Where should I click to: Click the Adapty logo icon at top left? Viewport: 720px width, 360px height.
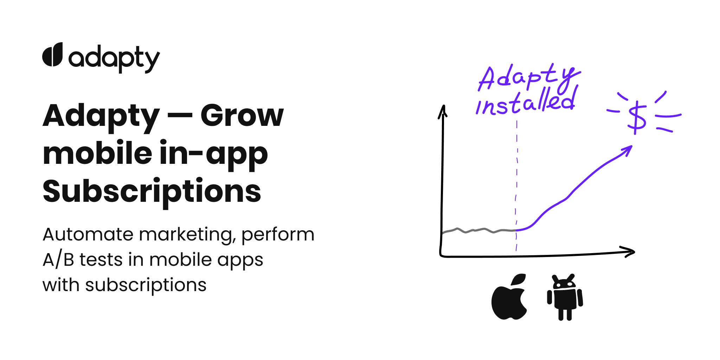[52, 54]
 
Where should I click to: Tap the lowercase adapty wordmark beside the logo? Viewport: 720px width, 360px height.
[114, 59]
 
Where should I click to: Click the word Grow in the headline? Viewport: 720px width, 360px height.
[242, 116]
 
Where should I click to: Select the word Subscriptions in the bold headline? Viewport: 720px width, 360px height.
[152, 192]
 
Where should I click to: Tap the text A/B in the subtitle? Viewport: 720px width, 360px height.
[58, 260]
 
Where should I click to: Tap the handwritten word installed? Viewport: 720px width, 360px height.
[526, 102]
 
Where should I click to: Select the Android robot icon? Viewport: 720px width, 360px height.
[565, 297]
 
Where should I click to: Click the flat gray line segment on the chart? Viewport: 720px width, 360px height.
[478, 231]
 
